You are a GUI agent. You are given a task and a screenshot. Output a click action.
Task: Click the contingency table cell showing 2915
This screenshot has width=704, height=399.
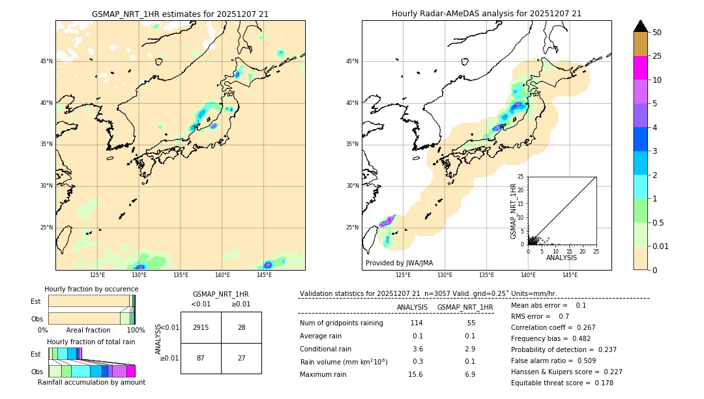[201, 327]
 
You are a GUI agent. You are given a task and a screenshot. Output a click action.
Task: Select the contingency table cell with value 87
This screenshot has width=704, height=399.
[201, 358]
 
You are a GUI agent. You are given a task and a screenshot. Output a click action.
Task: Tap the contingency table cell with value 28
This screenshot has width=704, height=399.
[241, 327]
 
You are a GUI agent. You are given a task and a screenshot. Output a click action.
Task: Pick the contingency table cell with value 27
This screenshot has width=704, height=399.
[241, 358]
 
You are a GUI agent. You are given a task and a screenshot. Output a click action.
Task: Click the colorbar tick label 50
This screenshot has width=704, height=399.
[657, 33]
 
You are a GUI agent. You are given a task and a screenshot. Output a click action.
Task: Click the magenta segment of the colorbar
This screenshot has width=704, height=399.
[640, 68]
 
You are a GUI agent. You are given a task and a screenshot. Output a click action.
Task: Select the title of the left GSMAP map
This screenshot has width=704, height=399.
[180, 14]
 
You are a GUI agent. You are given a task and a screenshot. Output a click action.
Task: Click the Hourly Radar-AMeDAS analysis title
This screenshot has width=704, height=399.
[486, 14]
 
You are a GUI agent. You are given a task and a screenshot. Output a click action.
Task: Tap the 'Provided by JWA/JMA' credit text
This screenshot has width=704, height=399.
[399, 263]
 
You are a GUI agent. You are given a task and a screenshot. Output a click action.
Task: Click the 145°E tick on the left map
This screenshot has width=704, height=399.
[264, 275]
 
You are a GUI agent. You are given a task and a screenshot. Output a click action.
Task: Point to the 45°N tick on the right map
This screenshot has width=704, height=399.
[352, 61]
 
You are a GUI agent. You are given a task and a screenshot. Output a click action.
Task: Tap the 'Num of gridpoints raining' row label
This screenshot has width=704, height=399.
[342, 323]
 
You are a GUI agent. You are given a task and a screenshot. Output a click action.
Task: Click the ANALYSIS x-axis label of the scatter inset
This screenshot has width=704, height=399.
[561, 258]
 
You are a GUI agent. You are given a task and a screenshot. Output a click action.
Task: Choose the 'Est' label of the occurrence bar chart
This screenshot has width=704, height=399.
[36, 301]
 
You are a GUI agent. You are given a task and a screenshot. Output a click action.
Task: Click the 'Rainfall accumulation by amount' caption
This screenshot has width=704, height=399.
[91, 382]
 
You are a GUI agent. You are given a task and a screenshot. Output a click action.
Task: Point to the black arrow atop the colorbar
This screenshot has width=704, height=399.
[640, 26]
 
